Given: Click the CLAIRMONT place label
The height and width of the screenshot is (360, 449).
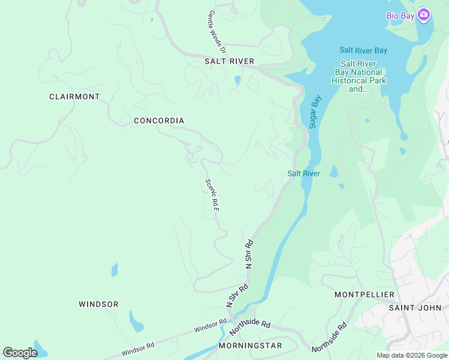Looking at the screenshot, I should pos(74,97).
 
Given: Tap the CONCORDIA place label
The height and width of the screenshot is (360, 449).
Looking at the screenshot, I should pos(158,121).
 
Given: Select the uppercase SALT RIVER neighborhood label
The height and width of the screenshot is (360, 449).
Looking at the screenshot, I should pos(229,61).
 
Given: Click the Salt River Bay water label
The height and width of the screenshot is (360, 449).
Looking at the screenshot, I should pos(363,50).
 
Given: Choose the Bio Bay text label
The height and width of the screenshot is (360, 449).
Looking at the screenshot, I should pos(400,16).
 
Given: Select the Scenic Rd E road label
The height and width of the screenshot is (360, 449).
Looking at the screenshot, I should pos(212,194).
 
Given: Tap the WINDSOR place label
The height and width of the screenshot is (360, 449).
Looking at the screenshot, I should pos(98,304).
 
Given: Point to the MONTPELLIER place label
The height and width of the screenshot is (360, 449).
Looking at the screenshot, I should pos(364,295).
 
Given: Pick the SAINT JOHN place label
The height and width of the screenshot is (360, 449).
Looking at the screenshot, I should pos(415,308).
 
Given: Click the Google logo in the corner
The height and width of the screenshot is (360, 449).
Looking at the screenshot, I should pos(20,353).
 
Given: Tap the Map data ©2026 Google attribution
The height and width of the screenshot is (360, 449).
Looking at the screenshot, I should pos(412,355).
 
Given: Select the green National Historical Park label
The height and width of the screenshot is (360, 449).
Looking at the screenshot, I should pos(360,77).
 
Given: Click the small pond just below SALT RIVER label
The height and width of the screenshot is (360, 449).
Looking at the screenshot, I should pos(238,80).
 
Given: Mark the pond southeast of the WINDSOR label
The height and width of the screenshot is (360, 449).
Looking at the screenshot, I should pos(136,322).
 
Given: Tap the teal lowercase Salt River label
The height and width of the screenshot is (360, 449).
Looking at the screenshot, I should pos(303,174).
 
